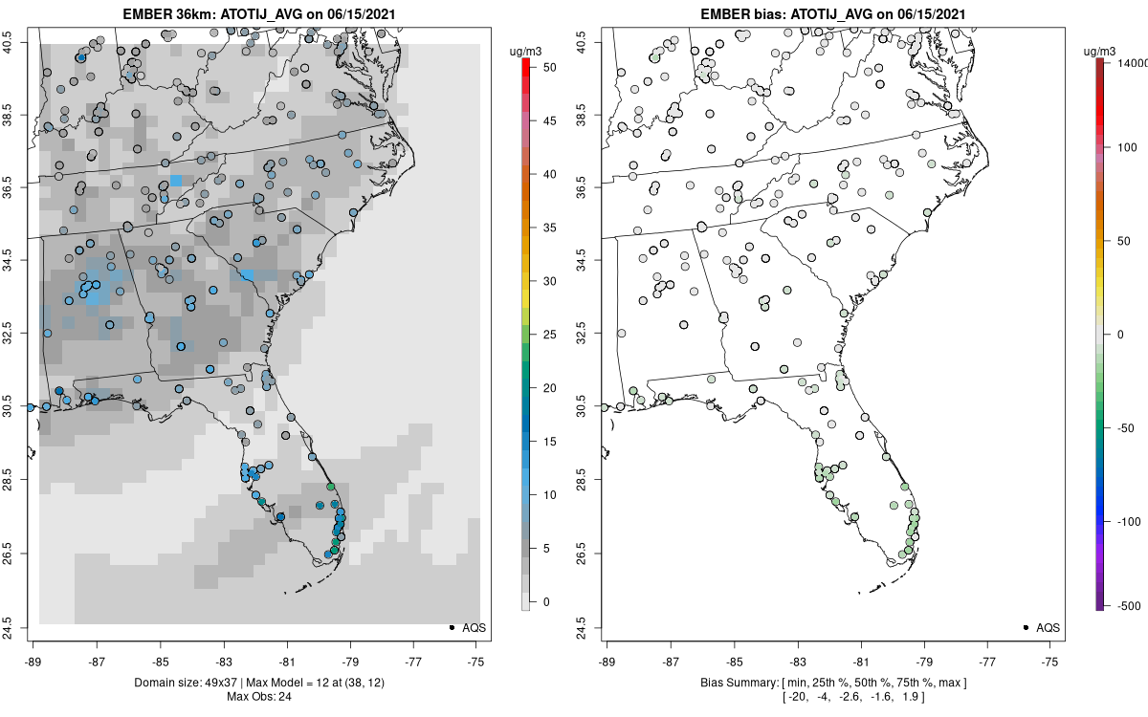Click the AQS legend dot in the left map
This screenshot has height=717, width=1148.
coord(451,627)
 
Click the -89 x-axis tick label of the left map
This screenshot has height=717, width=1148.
coord(33,660)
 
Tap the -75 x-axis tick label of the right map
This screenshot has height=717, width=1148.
coord(1050,660)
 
